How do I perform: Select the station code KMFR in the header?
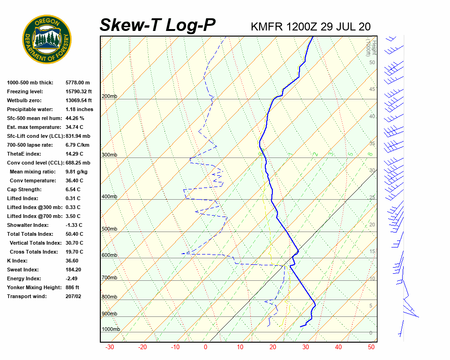(x=267, y=27)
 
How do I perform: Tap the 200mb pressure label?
(x=109, y=97)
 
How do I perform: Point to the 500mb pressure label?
(x=109, y=229)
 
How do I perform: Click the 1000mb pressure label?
(x=111, y=330)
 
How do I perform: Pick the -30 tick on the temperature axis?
(x=110, y=347)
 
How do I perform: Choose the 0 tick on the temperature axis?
(x=205, y=347)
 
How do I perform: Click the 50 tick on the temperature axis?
(x=371, y=347)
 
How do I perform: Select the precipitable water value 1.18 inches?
(x=79, y=109)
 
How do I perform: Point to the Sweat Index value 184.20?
(x=74, y=270)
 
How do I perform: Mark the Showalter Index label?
(x=28, y=225)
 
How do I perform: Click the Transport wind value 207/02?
(x=74, y=296)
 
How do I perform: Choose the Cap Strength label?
(x=24, y=189)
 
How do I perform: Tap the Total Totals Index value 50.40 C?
(x=75, y=234)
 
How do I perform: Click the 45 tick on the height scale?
(x=372, y=90)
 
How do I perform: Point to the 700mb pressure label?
(x=109, y=278)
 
